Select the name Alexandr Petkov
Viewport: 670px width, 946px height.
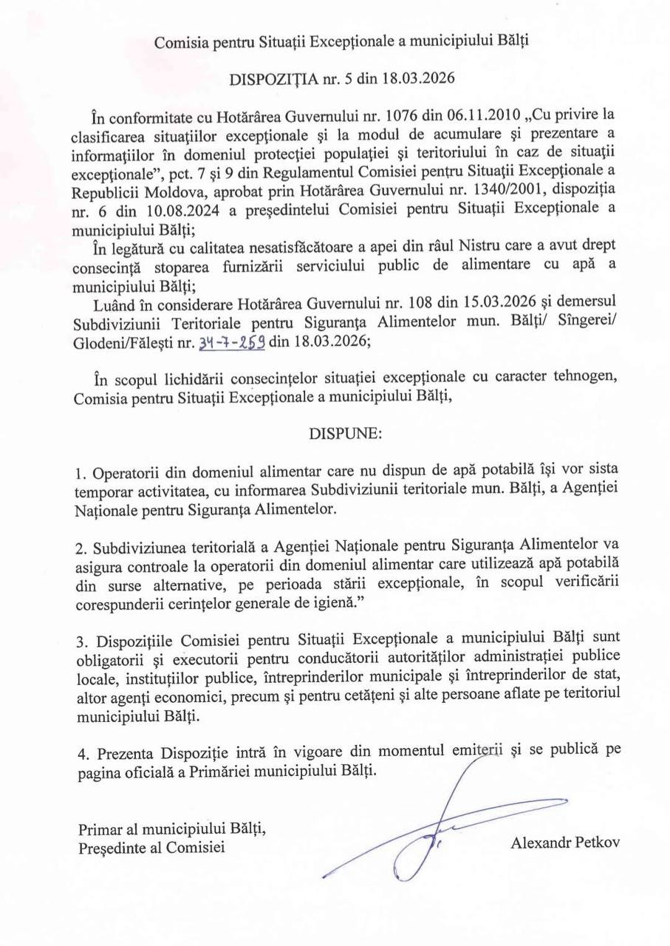pos(565,843)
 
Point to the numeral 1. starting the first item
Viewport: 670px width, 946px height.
pos(81,472)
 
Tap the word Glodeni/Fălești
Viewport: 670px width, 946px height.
pos(123,343)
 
